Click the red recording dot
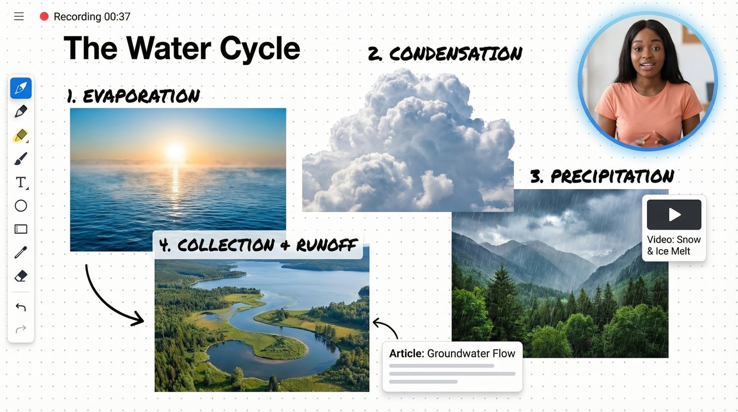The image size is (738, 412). (44, 17)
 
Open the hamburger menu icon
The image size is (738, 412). (19, 17)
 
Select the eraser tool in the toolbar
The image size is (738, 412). (21, 276)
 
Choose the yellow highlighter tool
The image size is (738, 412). (21, 136)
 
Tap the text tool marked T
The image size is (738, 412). (21, 183)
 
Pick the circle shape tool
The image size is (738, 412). (21, 206)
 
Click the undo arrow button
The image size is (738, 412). (21, 307)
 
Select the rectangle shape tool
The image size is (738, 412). (21, 229)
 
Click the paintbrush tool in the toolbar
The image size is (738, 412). (21, 159)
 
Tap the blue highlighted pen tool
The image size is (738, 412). (21, 88)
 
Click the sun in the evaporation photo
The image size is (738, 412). (175, 152)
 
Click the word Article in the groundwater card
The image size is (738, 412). (406, 353)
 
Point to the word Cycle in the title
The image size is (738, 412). (260, 48)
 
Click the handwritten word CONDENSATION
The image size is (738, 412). (456, 54)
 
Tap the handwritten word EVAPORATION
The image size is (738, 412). (141, 96)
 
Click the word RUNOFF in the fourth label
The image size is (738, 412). (327, 245)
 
